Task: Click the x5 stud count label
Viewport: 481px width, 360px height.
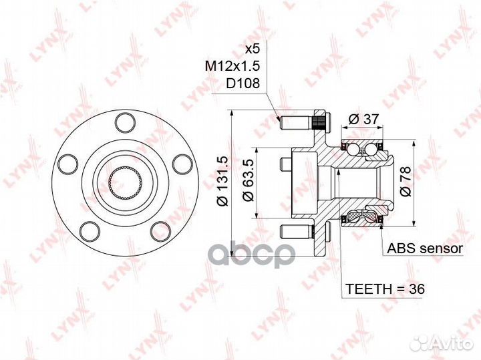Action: pos(251,48)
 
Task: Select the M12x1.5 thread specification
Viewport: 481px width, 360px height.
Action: pos(232,65)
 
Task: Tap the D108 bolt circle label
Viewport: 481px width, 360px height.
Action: pos(243,83)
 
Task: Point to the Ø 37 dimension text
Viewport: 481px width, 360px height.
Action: pos(364,119)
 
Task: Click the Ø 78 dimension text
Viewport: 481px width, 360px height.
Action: pos(406,181)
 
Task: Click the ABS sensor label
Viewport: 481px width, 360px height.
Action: pos(425,248)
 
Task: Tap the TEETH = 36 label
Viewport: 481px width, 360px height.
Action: pos(385,289)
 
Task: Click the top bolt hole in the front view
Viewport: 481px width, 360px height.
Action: pos(125,123)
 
